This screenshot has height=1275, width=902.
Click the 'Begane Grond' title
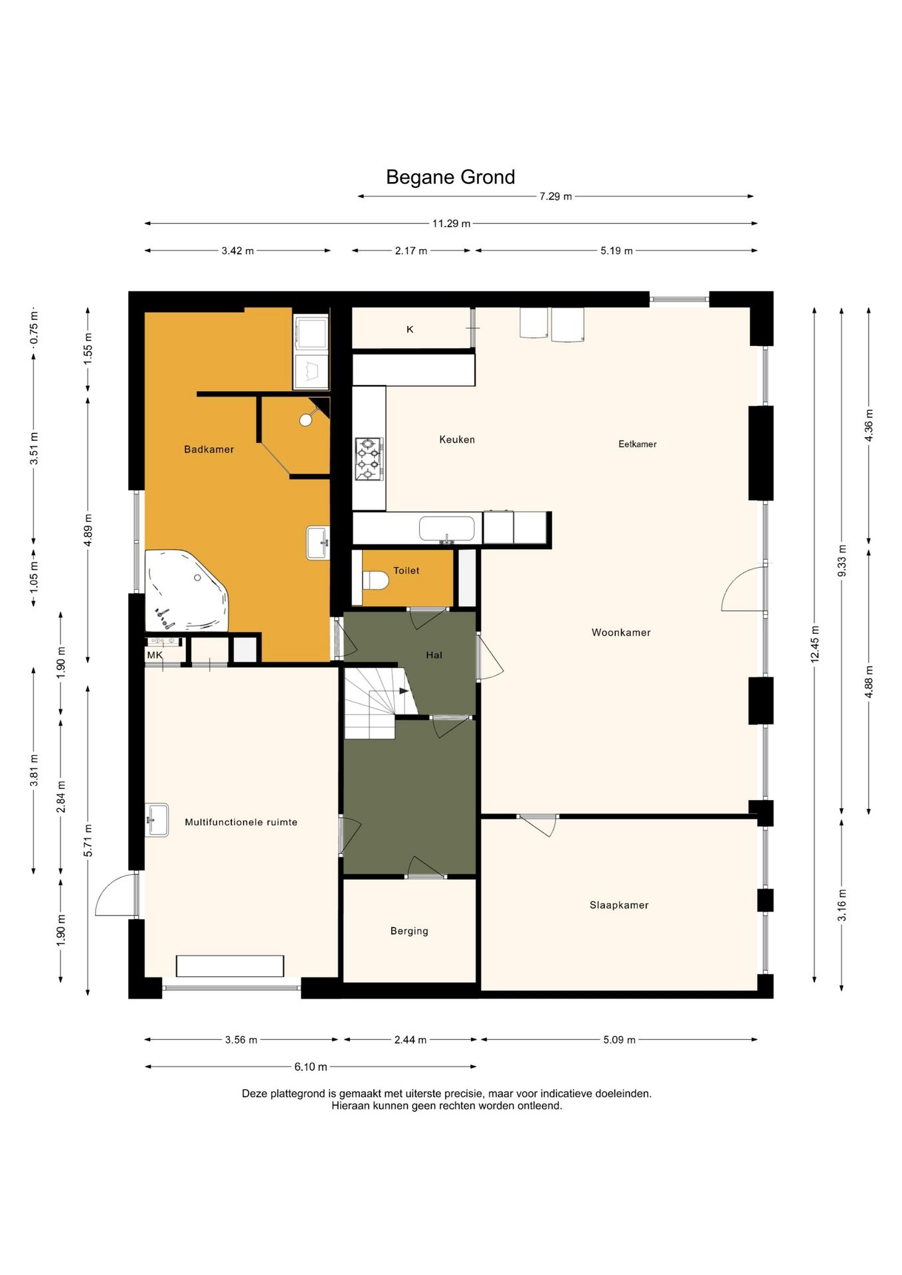(450, 177)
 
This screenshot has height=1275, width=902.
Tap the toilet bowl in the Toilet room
(375, 580)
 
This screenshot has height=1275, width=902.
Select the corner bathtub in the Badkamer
(187, 590)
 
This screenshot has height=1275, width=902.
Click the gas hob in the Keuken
(368, 458)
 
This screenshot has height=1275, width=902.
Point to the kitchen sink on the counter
(446, 529)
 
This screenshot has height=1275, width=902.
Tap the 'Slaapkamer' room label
(619, 905)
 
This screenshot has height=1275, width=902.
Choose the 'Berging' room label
(409, 931)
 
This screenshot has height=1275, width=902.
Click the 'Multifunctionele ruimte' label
(241, 822)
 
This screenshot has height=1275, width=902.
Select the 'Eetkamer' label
(638, 444)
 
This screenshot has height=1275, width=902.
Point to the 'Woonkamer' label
(621, 632)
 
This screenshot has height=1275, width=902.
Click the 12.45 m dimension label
(815, 644)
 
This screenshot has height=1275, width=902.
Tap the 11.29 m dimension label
(452, 224)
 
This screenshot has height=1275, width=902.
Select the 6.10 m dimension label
(311, 1067)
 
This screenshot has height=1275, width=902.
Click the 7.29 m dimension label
(555, 197)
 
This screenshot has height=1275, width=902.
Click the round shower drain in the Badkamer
(306, 420)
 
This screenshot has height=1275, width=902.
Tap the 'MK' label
(155, 655)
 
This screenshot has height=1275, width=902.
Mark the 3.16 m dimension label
(842, 905)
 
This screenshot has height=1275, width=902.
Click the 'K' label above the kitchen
(410, 329)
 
